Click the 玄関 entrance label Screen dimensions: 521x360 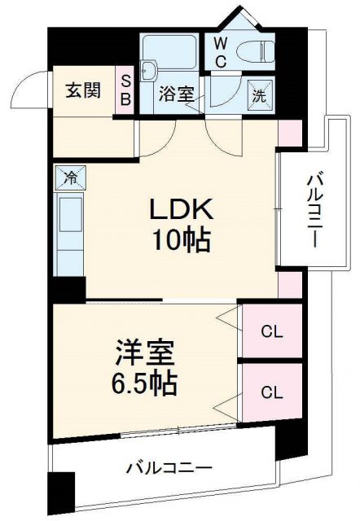click(x=84, y=90)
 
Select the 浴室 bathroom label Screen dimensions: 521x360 click(x=176, y=94)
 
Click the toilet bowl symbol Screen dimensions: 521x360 click(x=261, y=50)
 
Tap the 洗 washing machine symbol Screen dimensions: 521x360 click(x=260, y=94)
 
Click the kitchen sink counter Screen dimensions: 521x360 click(x=69, y=228)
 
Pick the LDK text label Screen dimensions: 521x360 click(x=181, y=210)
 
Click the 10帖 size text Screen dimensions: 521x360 click(x=181, y=241)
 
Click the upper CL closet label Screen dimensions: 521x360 click(x=272, y=331)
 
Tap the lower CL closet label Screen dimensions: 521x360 click(x=272, y=392)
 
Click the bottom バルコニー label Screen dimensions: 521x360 click(x=169, y=469)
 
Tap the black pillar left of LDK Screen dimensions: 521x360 click(x=69, y=289)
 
